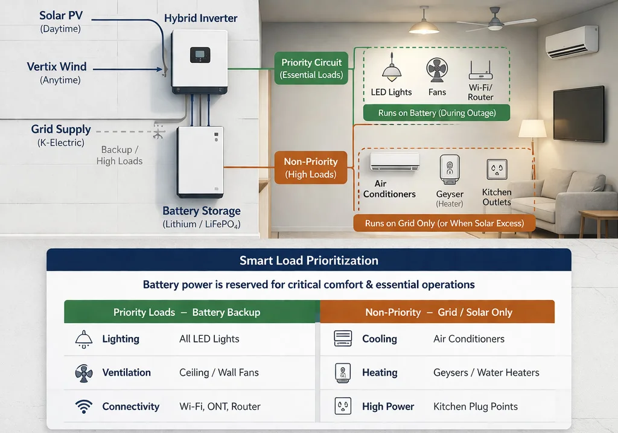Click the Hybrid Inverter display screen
pos(200,55)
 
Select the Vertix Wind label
pos(57,66)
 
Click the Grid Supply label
pos(61,129)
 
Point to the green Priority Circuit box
pos(311,68)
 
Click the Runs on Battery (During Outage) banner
pos(436,113)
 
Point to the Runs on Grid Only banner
pos(444,223)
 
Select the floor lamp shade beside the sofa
pos(532,129)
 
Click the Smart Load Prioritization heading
pos(308,261)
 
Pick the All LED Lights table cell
pos(209,339)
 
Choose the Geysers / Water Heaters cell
pos(486,373)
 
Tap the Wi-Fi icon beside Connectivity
pos(84,406)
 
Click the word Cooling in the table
pos(379,339)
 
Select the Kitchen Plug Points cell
pos(475,406)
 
